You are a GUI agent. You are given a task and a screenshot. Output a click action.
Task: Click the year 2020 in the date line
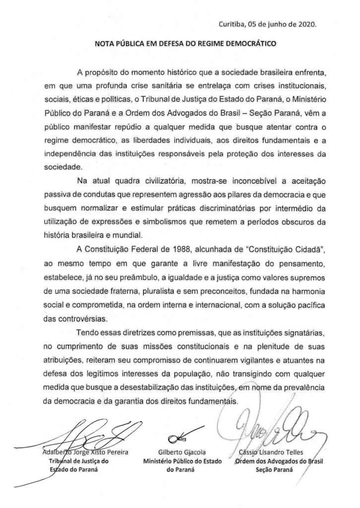coord(305,23)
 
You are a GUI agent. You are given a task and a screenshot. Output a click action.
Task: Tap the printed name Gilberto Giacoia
coord(181,452)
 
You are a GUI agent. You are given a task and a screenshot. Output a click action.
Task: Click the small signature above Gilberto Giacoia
coord(179,437)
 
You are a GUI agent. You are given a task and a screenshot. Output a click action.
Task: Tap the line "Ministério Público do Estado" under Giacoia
coord(181,461)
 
